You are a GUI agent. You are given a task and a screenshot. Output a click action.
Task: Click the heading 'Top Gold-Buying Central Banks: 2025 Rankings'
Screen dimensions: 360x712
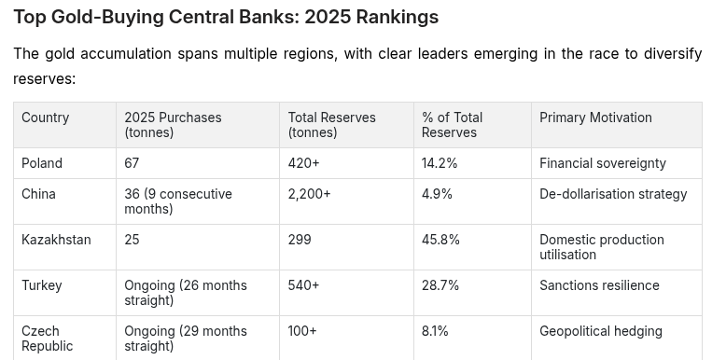(226, 17)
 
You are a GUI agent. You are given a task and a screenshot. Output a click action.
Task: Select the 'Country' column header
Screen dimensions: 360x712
(46, 118)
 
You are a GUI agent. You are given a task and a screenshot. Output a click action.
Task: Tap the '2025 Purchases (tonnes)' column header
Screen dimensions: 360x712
(173, 125)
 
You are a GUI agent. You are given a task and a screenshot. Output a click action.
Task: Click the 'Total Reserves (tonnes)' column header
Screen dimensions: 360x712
(331, 125)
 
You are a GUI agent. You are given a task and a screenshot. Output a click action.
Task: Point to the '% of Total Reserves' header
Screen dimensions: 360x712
(452, 125)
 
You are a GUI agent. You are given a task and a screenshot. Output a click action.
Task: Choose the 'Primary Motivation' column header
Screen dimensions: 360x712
(595, 118)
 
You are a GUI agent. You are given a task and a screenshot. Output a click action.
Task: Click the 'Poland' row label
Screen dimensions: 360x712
(42, 163)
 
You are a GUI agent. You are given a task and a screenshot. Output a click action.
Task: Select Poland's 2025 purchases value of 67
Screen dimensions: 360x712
(132, 163)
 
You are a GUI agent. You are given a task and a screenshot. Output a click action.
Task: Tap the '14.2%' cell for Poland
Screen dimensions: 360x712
(440, 163)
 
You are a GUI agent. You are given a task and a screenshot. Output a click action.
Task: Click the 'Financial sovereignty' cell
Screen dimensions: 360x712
(603, 163)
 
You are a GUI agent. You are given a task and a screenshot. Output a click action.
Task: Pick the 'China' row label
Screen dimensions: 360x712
(38, 194)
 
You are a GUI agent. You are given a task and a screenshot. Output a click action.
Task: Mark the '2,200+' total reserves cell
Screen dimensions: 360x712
(309, 194)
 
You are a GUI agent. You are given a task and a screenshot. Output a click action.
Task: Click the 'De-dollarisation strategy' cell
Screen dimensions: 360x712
(613, 194)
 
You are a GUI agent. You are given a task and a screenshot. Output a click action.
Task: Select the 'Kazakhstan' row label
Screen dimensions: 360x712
(56, 240)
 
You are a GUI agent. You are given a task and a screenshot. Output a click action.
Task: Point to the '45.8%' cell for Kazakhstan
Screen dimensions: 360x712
(440, 240)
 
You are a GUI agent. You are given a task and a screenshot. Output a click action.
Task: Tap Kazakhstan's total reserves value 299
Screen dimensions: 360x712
(300, 240)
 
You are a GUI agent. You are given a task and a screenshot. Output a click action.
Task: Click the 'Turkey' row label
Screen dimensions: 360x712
(41, 285)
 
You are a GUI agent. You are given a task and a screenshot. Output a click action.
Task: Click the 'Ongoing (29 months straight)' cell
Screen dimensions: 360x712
(186, 339)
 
